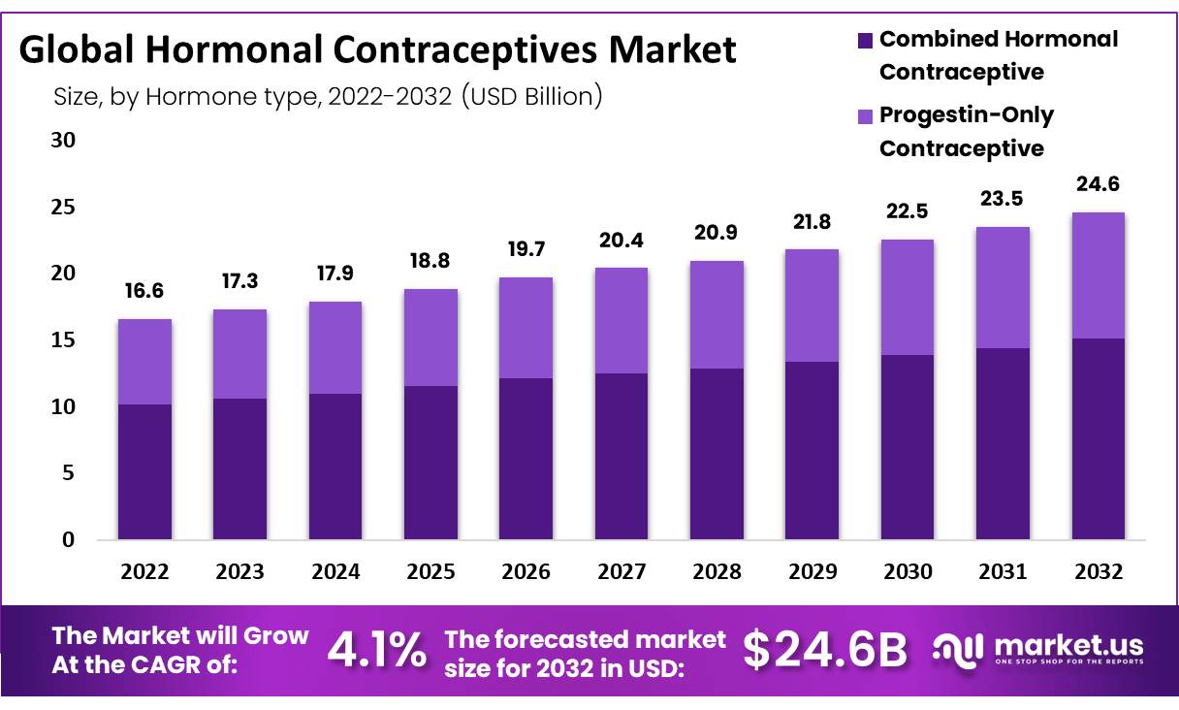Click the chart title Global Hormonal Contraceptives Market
377,50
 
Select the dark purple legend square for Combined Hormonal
865,41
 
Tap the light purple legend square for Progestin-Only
865,116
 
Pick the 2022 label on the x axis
144,572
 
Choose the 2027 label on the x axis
621,572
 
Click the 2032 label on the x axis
1098,572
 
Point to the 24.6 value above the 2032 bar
1098,184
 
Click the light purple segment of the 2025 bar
430,338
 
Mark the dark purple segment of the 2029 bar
812,451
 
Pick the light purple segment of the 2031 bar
1003,287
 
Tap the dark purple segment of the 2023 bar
239,468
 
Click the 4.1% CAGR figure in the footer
376,651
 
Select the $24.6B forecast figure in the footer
825,651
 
